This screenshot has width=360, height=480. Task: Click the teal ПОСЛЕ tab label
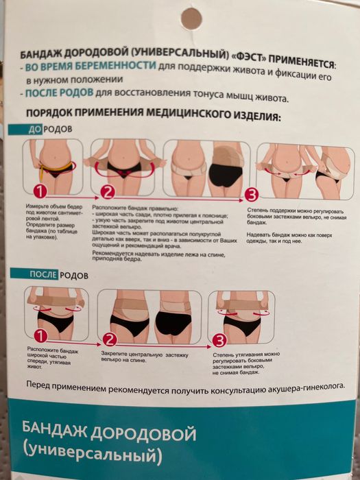coord(43,276)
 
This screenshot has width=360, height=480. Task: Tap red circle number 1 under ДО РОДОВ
coord(41,191)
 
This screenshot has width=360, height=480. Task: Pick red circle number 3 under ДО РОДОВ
coord(251,194)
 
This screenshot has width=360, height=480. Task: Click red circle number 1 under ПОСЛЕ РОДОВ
coord(41,336)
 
